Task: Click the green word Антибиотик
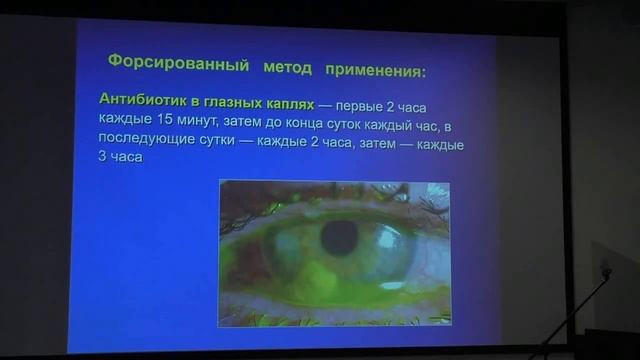[140, 100]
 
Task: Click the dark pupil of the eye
[340, 238]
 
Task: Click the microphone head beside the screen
[605, 269]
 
